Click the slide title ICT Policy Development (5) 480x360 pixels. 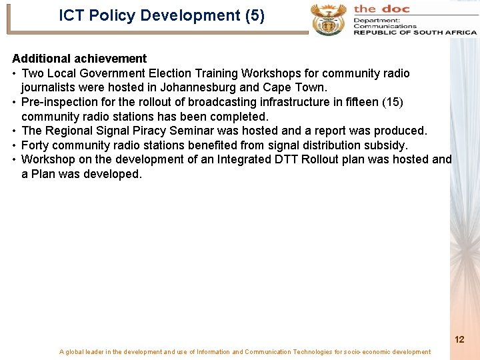(161, 15)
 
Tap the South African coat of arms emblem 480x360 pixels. (328, 19)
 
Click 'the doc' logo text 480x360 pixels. (381, 9)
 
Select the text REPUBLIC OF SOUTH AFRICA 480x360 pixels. (415, 32)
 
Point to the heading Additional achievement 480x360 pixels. (79, 59)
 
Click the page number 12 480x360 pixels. (459, 339)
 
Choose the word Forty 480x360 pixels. (35, 145)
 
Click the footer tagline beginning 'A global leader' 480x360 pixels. (245, 352)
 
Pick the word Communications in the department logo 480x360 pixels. (385, 26)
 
